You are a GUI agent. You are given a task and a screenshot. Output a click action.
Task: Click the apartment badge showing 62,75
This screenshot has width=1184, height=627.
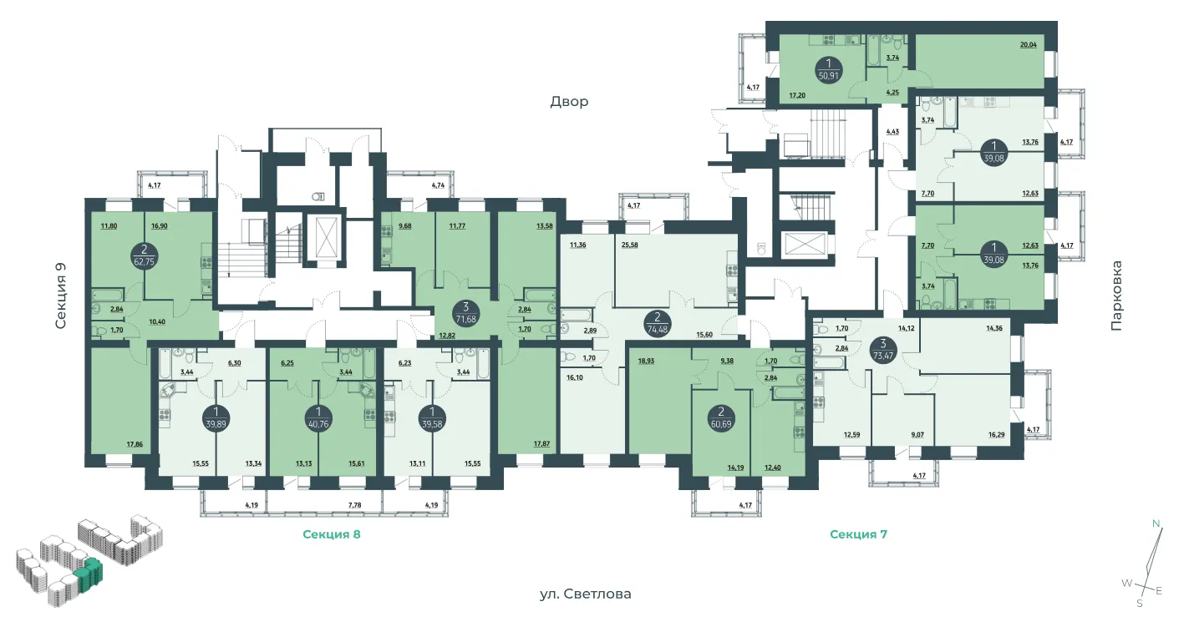pos(145,255)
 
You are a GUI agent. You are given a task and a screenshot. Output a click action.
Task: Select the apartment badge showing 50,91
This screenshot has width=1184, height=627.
pos(829,69)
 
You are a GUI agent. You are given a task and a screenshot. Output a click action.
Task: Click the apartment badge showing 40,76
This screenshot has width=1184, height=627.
pos(318,417)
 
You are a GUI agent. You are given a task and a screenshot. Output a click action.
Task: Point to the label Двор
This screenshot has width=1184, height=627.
pos(569,101)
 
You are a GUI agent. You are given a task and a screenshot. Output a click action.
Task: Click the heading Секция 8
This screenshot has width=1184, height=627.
pos(332,534)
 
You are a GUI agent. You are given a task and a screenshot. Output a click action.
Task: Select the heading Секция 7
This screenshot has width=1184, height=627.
pos(858,534)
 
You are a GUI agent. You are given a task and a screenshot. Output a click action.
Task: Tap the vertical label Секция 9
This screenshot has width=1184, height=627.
pos(61,296)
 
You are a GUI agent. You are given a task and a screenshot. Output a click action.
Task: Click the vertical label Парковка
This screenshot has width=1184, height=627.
pos(1115,296)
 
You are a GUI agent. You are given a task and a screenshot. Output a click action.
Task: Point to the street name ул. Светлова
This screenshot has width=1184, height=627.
pos(585,594)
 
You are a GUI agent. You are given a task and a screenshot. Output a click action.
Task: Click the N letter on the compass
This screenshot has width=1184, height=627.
pos(1156,523)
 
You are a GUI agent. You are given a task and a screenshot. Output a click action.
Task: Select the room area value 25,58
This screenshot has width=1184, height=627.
pos(629,245)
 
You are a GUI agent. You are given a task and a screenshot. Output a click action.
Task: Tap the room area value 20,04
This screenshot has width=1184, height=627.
pos(1028,45)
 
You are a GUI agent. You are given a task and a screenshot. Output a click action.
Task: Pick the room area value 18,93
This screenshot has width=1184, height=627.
pos(646,362)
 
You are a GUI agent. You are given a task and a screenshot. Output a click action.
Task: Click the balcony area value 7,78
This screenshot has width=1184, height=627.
pos(354,505)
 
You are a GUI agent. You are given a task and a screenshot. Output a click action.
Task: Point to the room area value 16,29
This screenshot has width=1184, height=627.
pos(996,435)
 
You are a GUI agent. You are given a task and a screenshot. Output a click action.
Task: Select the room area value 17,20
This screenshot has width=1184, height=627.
pos(797,96)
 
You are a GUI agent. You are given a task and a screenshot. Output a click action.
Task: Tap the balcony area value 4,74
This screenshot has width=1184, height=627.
pos(438,185)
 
